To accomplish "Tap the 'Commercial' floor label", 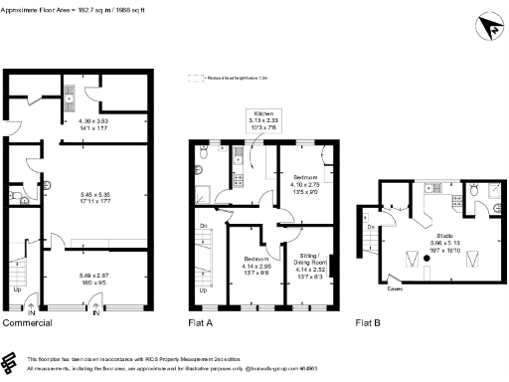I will coord(27,323).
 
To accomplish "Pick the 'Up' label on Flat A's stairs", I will coord(203,290).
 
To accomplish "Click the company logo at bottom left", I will coord(11,361).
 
